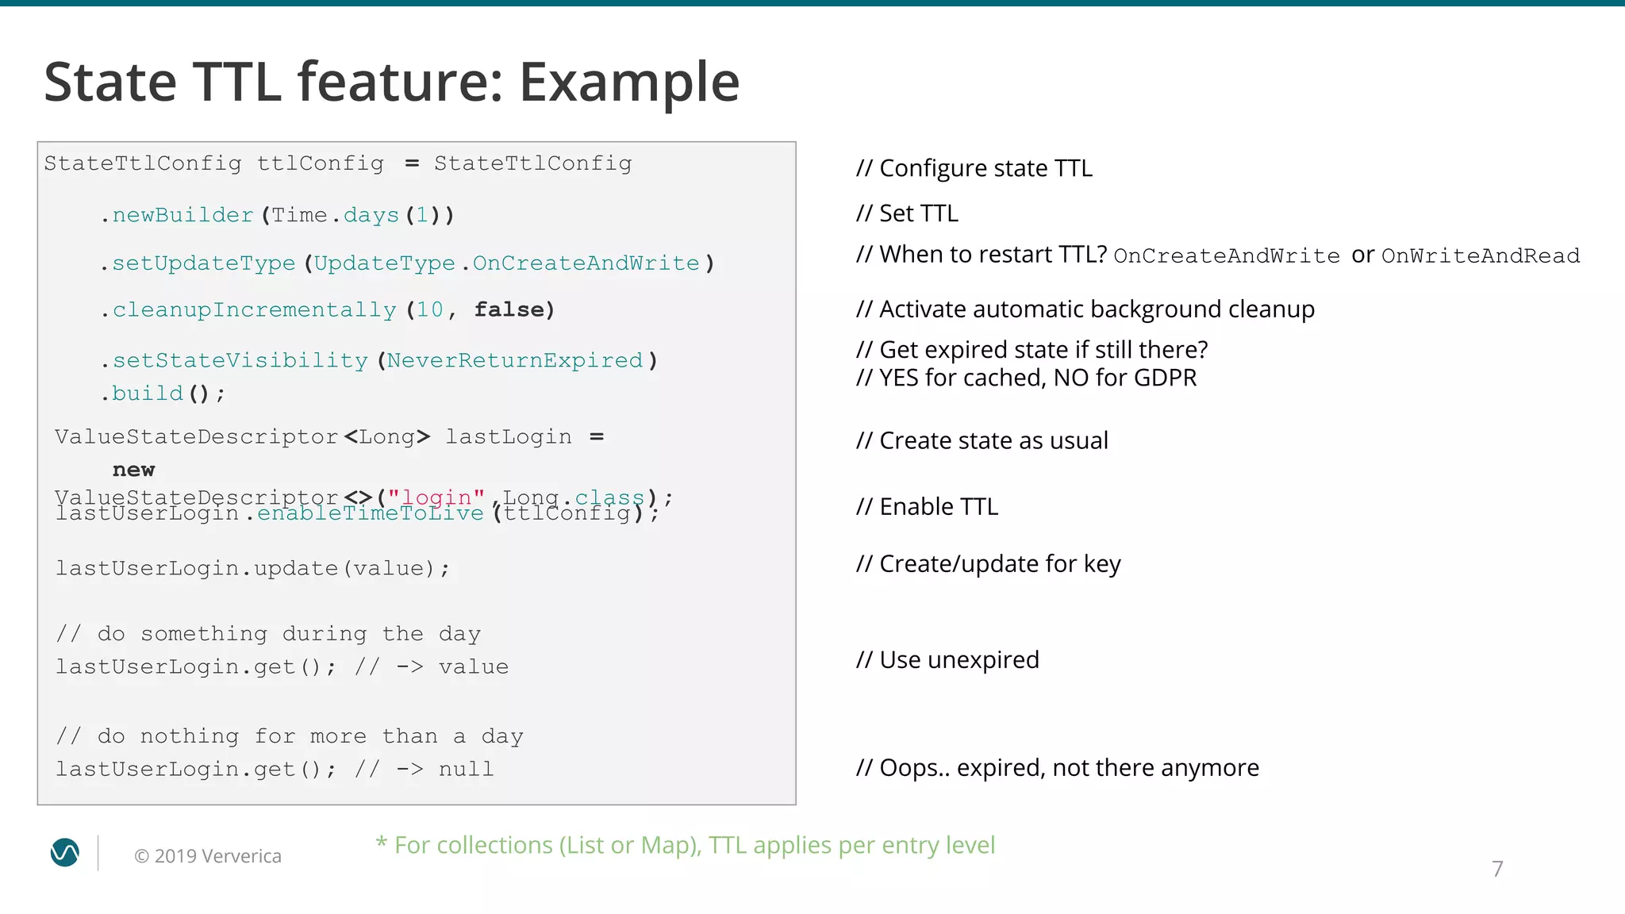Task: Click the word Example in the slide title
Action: click(x=629, y=83)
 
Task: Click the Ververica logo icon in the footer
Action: click(x=65, y=853)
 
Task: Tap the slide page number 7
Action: click(x=1497, y=869)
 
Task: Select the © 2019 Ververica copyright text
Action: click(x=208, y=856)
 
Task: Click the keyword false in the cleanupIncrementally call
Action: click(x=509, y=309)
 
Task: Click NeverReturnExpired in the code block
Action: click(x=515, y=360)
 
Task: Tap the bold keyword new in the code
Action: click(x=133, y=470)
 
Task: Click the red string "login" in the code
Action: click(x=436, y=497)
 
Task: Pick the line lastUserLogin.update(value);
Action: click(x=252, y=568)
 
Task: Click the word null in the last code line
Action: click(x=466, y=769)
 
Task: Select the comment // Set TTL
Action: click(x=907, y=213)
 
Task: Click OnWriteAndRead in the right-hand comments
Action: click(x=1481, y=256)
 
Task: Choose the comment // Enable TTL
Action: click(x=927, y=506)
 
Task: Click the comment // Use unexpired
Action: click(x=947, y=659)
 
